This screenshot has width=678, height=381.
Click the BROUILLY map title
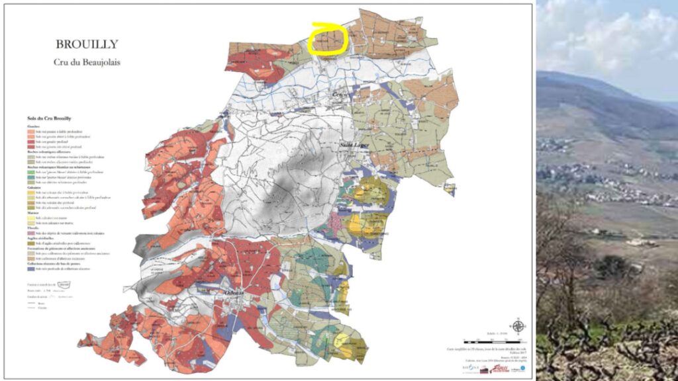[x=87, y=45]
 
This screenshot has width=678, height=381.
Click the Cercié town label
[x=340, y=95]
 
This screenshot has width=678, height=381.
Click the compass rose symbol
[x=519, y=325]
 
